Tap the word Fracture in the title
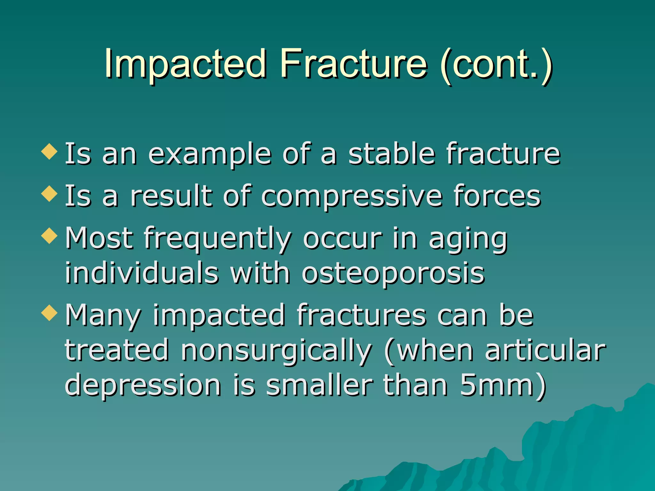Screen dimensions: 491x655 coord(353,64)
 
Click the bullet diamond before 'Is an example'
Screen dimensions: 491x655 coord(50,151)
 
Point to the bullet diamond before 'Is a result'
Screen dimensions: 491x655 coord(50,193)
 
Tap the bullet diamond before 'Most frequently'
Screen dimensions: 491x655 coord(50,236)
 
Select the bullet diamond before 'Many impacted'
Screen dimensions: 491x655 coord(50,312)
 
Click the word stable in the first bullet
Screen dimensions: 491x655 coord(391,154)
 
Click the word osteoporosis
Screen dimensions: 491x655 coord(393,274)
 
